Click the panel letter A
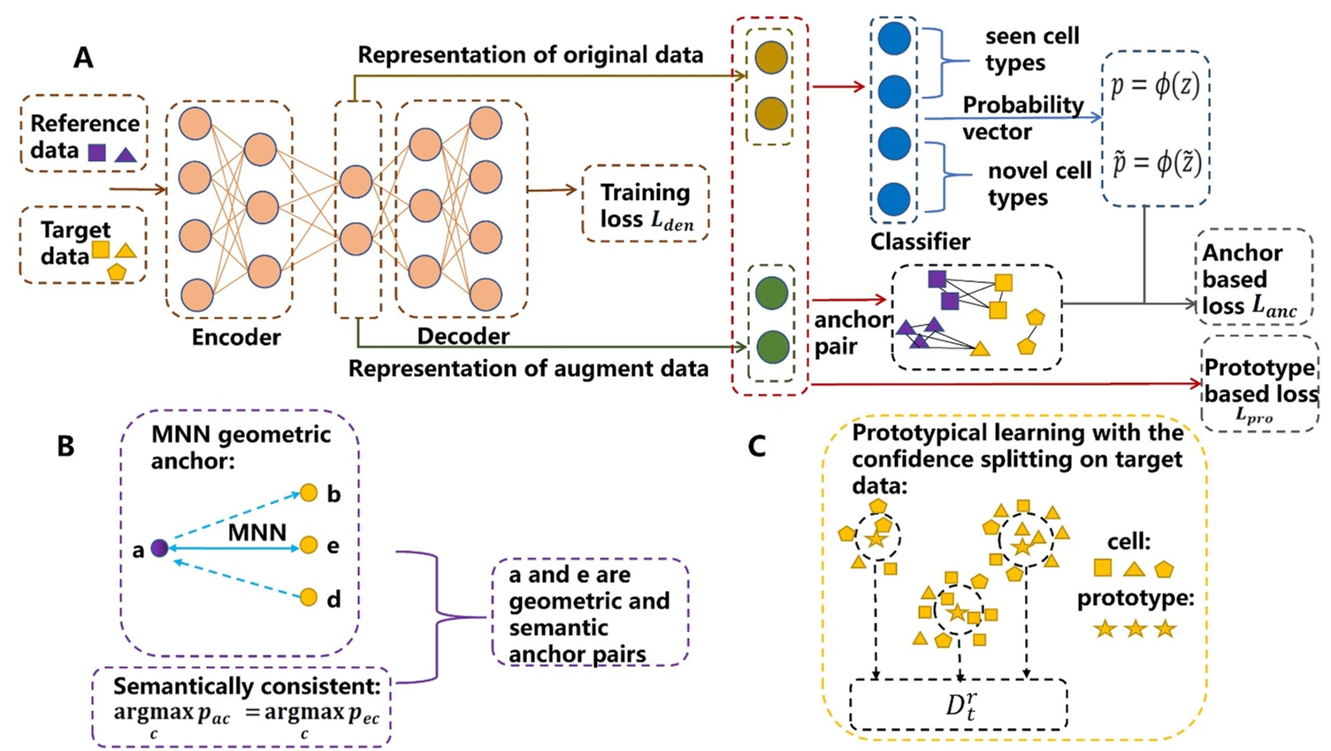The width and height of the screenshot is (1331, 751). pyautogui.click(x=83, y=57)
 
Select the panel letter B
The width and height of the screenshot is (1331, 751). pyautogui.click(x=65, y=446)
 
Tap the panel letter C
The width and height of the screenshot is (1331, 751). pyautogui.click(x=756, y=446)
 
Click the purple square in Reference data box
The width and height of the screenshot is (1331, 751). pyautogui.click(x=97, y=152)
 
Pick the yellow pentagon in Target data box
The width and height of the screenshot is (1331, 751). pyautogui.click(x=117, y=272)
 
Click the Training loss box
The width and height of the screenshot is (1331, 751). pyautogui.click(x=645, y=204)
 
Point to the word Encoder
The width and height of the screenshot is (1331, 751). pyautogui.click(x=236, y=337)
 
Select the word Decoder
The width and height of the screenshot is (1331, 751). pyautogui.click(x=463, y=336)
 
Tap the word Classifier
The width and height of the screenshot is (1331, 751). pyautogui.click(x=920, y=241)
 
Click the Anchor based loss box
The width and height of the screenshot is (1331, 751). pyautogui.click(x=1252, y=278)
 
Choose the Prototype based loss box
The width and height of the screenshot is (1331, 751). pyautogui.click(x=1259, y=384)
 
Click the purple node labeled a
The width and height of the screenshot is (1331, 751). pyautogui.click(x=159, y=548)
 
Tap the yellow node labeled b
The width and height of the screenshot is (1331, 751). pyautogui.click(x=309, y=493)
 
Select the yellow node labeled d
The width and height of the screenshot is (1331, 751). pyautogui.click(x=309, y=598)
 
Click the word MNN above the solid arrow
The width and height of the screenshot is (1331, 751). pyautogui.click(x=257, y=533)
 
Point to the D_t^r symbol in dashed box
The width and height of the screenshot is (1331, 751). pyautogui.click(x=960, y=704)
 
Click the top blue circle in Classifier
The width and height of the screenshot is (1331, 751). pyautogui.click(x=894, y=39)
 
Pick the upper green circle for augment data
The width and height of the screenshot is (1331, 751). pyautogui.click(x=772, y=293)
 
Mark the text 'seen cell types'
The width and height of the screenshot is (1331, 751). pyautogui.click(x=1031, y=50)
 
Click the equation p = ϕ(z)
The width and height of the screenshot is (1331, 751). pyautogui.click(x=1155, y=87)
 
